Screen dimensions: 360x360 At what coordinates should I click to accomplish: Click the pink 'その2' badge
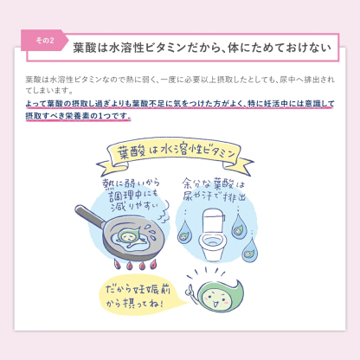click(x=45, y=41)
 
